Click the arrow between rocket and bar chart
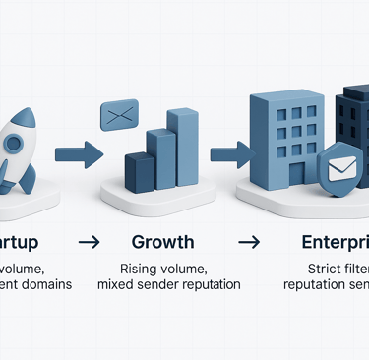coord(78,152)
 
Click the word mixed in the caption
coord(117,285)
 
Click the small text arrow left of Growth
coord(89,241)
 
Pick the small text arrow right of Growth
coord(249,241)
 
